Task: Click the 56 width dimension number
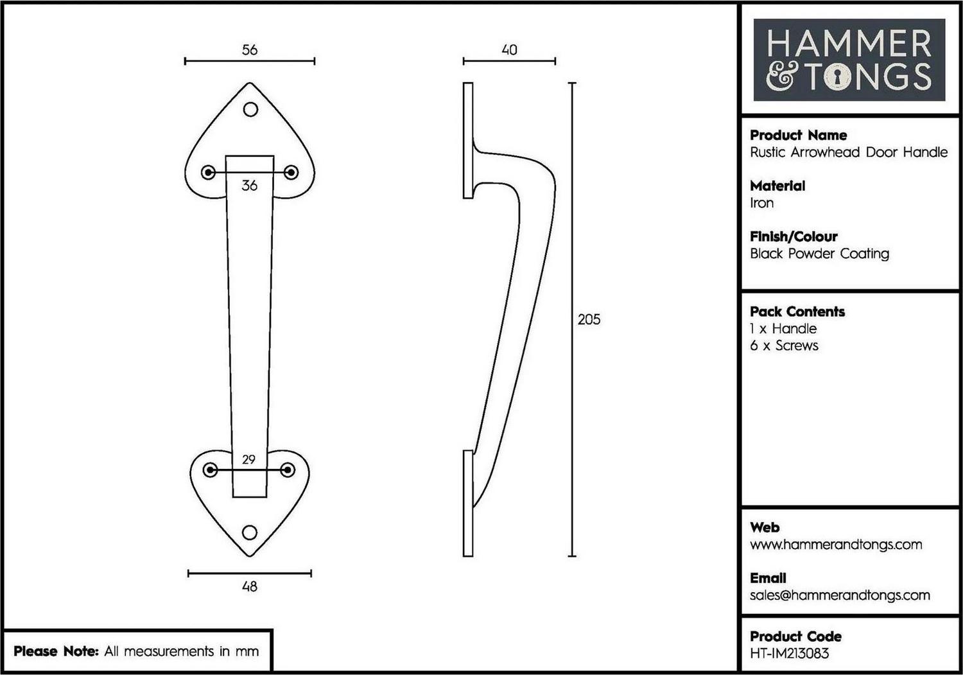[250, 50]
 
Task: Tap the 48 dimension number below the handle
[250, 586]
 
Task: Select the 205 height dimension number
[589, 319]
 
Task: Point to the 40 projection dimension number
[510, 50]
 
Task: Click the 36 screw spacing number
[249, 186]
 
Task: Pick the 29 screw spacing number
[248, 459]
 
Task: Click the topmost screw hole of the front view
[250, 110]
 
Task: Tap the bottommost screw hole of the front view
[249, 532]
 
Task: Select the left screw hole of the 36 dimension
[209, 173]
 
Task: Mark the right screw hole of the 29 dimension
[288, 469]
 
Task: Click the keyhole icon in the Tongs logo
[837, 78]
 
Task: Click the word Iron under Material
[761, 203]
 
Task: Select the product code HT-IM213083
[789, 653]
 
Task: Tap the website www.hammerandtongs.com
[836, 545]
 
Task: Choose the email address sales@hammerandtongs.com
[840, 595]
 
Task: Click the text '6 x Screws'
[784, 346]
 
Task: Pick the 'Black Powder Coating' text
[819, 254]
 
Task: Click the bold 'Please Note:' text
[56, 651]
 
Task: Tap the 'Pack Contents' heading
[797, 311]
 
